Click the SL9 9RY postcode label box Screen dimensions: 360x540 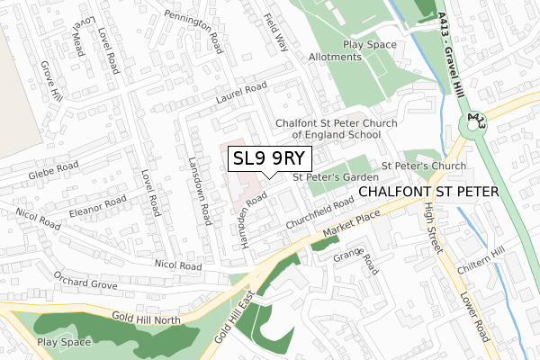(x=271, y=158)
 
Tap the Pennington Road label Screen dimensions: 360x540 (x=191, y=29)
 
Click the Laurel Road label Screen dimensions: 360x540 (x=242, y=93)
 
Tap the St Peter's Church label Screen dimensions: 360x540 (x=424, y=166)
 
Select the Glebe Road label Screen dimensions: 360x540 (x=54, y=170)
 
